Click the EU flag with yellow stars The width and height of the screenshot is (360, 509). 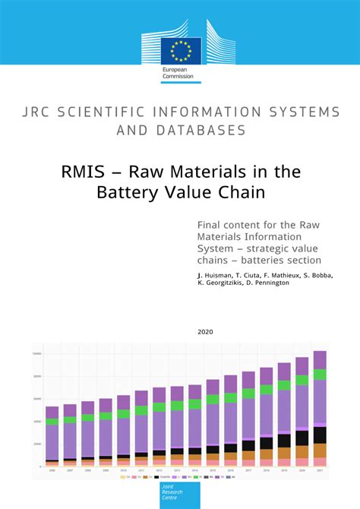coord(181,49)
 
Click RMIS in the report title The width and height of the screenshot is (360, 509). coord(83,172)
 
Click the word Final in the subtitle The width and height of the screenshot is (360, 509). coord(209,225)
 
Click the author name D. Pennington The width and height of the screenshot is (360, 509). coord(289,282)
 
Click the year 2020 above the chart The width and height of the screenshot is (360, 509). coord(205,332)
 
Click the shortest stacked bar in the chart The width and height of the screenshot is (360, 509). coord(52,436)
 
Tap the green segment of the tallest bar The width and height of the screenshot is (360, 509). coord(320,375)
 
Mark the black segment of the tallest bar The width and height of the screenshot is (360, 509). coord(320,435)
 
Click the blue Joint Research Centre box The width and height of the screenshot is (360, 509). coord(180,496)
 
